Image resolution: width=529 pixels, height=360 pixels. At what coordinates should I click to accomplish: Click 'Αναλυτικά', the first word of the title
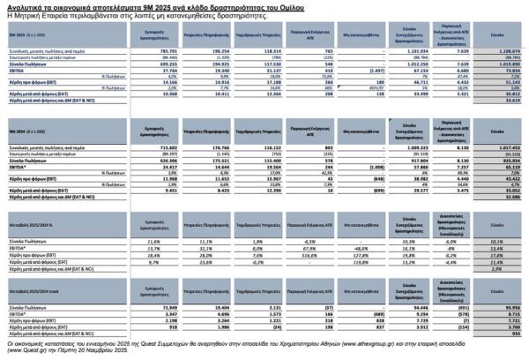pos(25,6)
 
